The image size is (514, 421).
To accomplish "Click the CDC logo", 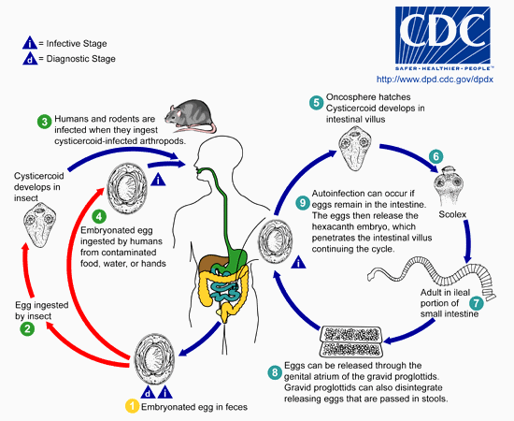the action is point(443,38).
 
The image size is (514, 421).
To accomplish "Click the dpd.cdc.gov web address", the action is point(435,80).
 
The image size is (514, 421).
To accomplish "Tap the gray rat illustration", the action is point(191,116).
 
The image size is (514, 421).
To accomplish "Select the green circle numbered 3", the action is point(44,122).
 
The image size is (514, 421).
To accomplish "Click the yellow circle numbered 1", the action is point(132,406).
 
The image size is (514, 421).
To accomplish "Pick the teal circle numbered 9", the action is point(303,203).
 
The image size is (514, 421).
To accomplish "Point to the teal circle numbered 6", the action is point(436,156).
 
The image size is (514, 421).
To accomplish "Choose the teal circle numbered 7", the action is point(477,302).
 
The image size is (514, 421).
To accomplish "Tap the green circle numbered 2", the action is point(27,328).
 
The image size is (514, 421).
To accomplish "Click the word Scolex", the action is point(452,214).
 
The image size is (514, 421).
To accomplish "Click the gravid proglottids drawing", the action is point(351,341).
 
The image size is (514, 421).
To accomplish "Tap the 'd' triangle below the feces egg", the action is point(149,392).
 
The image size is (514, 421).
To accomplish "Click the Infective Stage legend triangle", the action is point(30,43).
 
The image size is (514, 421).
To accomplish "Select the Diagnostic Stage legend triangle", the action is point(30,58).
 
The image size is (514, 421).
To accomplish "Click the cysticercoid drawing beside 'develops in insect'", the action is point(40,225).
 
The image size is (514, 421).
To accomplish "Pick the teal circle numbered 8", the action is point(275,372).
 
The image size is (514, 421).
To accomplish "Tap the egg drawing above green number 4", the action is point(127,188).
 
